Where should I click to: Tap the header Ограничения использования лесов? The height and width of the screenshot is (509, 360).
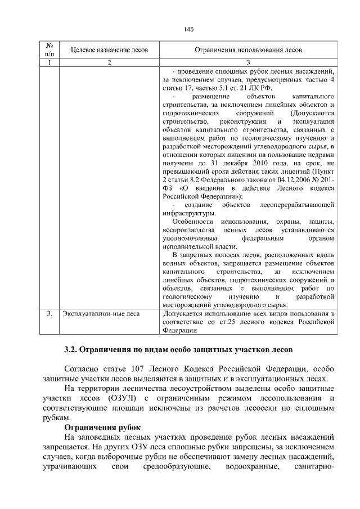[248, 50]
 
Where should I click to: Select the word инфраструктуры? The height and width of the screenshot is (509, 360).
[187, 214]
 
